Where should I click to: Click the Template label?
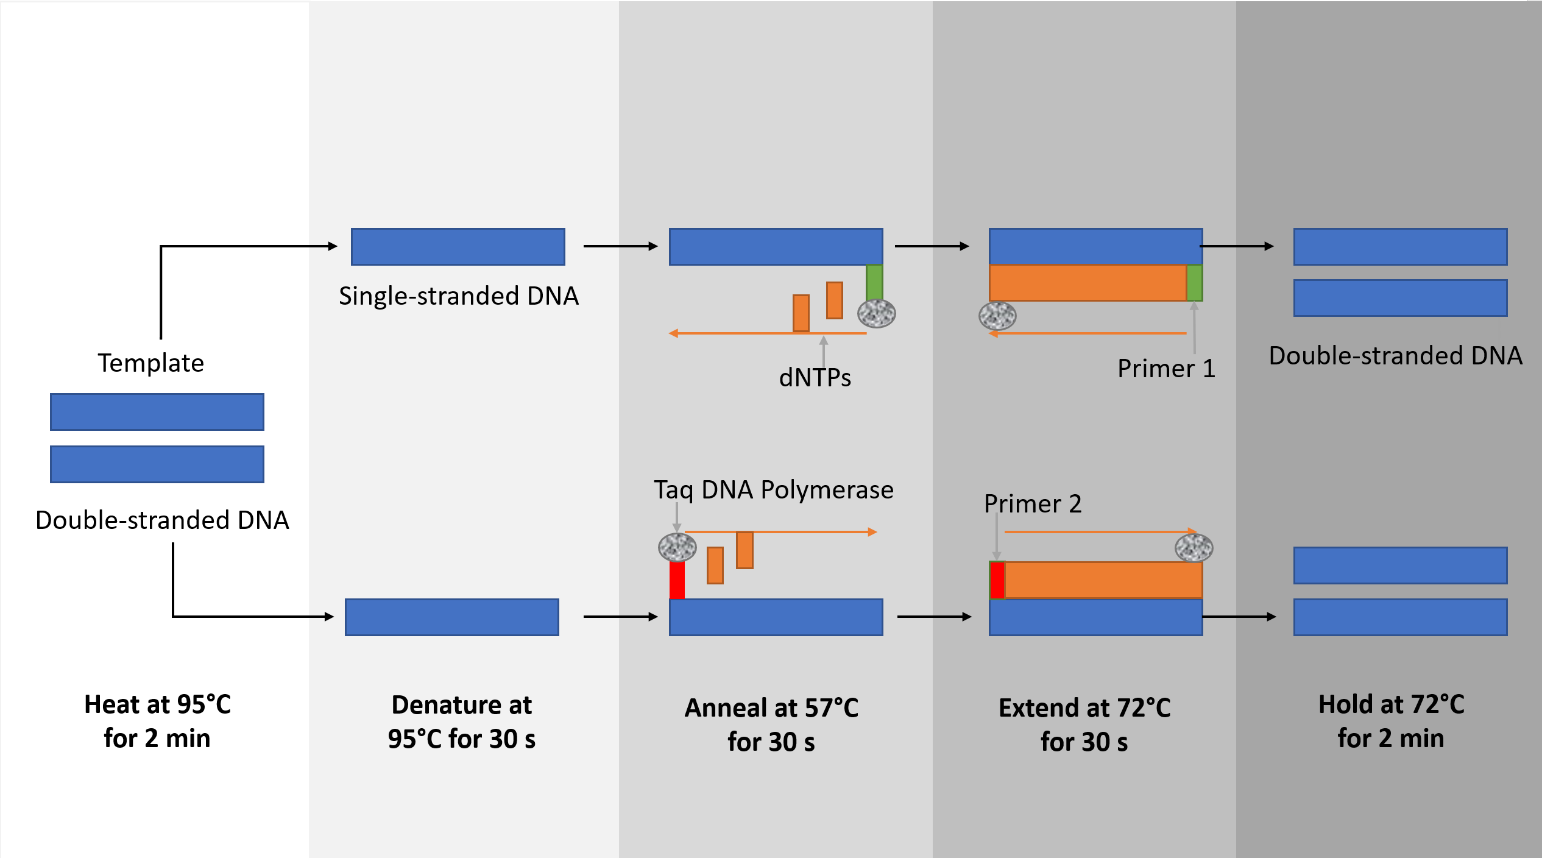pyautogui.click(x=150, y=363)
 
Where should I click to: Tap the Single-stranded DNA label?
pyautogui.click(x=458, y=296)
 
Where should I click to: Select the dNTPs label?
pyautogui.click(x=815, y=378)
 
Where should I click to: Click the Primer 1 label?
pyautogui.click(x=1166, y=369)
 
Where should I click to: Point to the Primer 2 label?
pyautogui.click(x=1033, y=504)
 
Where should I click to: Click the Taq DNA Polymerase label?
pyautogui.click(x=773, y=490)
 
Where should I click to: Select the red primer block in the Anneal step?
pyautogui.click(x=677, y=580)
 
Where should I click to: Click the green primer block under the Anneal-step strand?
pyautogui.click(x=874, y=282)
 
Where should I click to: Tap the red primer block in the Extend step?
pyautogui.click(x=997, y=580)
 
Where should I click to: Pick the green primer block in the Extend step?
pyautogui.click(x=1195, y=283)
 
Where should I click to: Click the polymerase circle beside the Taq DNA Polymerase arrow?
pyautogui.click(x=677, y=547)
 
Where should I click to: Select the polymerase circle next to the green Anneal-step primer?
pyautogui.click(x=876, y=314)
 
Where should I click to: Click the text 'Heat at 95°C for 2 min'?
pyautogui.click(x=157, y=721)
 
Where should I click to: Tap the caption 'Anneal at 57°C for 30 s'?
pyautogui.click(x=771, y=725)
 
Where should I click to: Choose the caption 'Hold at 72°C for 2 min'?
pyautogui.click(x=1391, y=721)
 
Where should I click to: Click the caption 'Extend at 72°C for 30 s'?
pyautogui.click(x=1084, y=725)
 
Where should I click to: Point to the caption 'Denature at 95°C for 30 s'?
pyautogui.click(x=461, y=721)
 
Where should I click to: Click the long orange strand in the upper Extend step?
pyautogui.click(x=1088, y=283)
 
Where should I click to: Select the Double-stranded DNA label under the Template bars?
pyautogui.click(x=162, y=520)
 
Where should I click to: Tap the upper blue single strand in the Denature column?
pyautogui.click(x=458, y=247)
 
